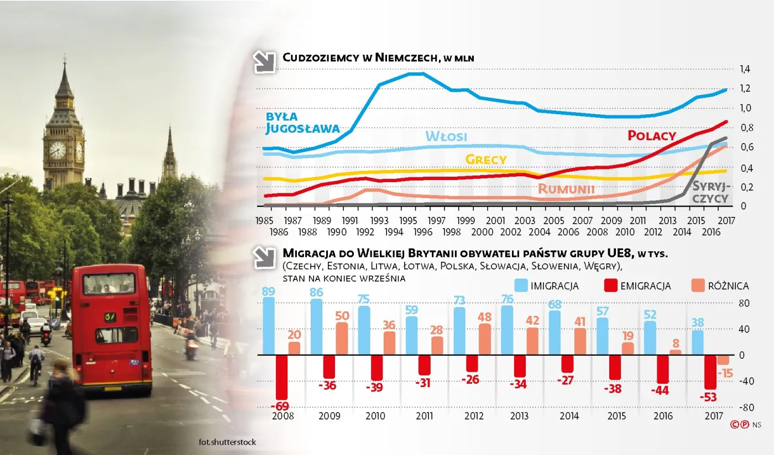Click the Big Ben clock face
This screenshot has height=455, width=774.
[57, 149]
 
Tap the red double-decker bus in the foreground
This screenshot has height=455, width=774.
[112, 329]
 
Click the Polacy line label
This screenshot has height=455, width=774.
[652, 136]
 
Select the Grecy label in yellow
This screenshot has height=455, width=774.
[486, 160]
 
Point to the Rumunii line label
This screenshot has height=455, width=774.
[566, 189]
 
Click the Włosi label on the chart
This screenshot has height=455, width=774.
[446, 136]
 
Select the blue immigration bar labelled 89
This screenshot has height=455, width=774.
[269, 326]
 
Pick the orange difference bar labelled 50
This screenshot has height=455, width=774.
[342, 338]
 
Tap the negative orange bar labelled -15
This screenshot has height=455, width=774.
[723, 360]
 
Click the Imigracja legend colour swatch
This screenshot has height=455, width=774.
[520, 285]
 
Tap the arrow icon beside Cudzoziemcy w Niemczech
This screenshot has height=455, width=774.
[264, 62]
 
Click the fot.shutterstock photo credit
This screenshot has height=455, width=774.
[227, 442]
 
